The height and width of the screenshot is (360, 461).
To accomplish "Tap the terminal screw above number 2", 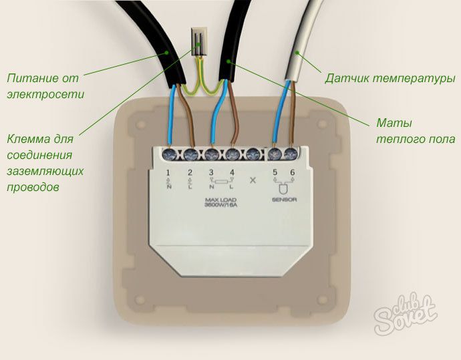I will click(191, 154).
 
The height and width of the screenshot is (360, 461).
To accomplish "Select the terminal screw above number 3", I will click(212, 154).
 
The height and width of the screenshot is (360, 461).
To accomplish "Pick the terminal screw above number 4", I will click(232, 154).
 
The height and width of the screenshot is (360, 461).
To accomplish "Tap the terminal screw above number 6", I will click(291, 154).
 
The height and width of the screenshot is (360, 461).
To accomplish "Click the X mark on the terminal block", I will click(253, 180).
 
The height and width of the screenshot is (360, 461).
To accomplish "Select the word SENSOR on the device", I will click(284, 200).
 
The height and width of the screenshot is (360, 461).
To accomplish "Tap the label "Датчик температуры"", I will click(390, 79).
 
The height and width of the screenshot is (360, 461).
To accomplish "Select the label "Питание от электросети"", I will click(45, 86).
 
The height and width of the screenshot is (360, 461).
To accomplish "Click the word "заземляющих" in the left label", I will click(45, 172).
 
